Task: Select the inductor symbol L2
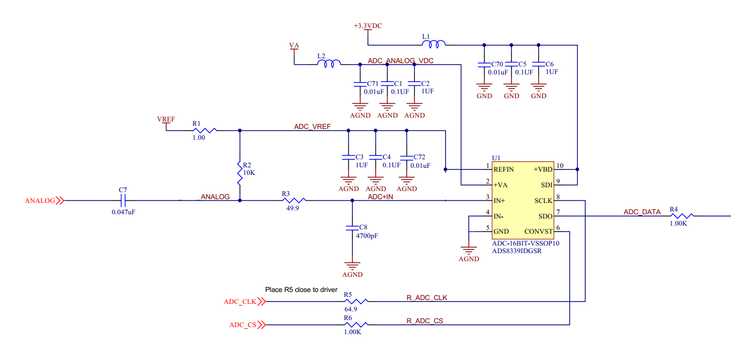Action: (x=329, y=64)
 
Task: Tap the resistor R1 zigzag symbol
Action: (x=204, y=130)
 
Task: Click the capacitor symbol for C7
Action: (x=123, y=201)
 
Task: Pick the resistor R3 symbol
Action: (x=292, y=201)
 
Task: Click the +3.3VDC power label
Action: (x=368, y=26)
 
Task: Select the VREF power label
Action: (x=167, y=119)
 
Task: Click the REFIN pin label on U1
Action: (x=503, y=169)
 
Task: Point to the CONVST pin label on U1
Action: (x=538, y=232)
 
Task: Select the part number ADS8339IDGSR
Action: (x=517, y=250)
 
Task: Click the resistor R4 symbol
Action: (x=681, y=216)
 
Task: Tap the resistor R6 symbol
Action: (x=356, y=325)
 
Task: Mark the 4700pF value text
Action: (x=367, y=236)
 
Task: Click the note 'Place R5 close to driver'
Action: (x=301, y=290)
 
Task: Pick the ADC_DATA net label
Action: (x=642, y=212)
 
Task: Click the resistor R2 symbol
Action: (x=239, y=173)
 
